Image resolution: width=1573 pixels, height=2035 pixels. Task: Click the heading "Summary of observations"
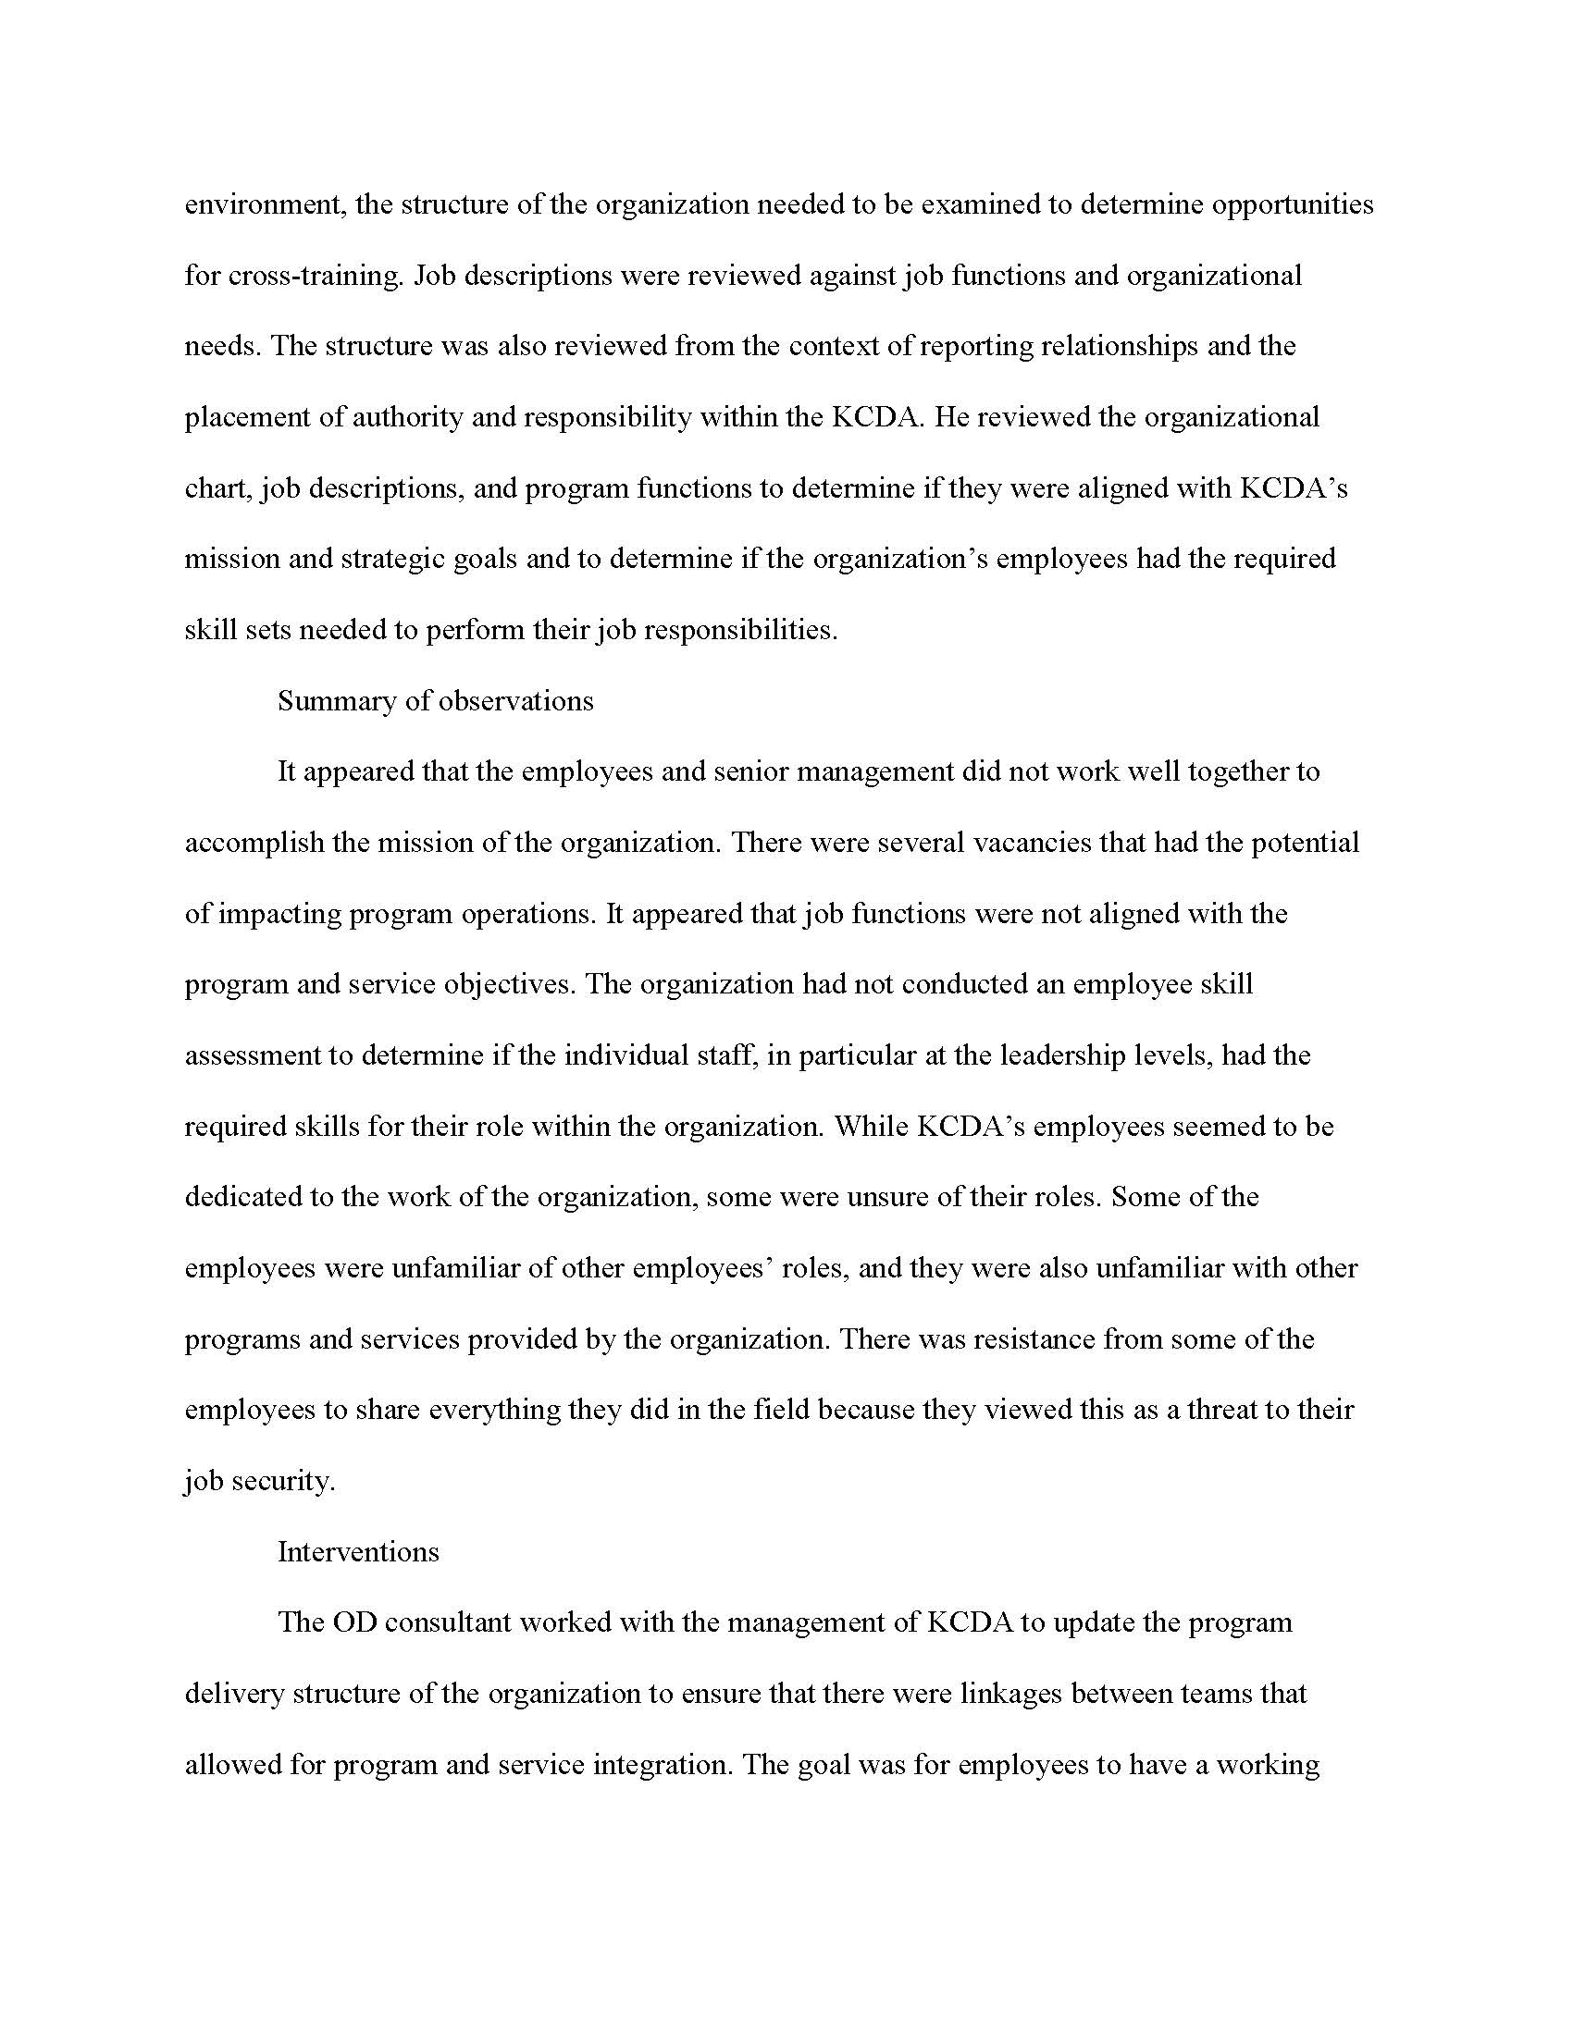[435, 701]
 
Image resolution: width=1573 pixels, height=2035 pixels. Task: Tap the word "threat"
[1245, 1410]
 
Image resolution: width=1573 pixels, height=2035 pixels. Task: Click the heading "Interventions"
[358, 1551]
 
